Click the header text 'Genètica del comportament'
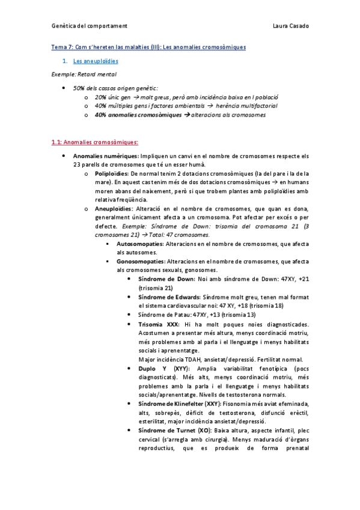89,26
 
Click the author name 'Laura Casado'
290,26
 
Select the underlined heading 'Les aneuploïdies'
96,61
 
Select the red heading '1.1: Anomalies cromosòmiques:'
95,143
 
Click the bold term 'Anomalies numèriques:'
106,156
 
